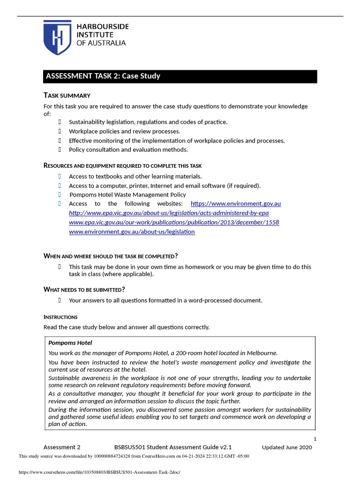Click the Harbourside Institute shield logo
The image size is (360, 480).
click(x=58, y=37)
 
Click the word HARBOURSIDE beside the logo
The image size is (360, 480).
click(x=103, y=27)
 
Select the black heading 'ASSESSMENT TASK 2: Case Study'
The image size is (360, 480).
click(x=103, y=76)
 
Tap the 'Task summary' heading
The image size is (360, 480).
click(x=67, y=95)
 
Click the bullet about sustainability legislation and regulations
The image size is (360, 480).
click(x=148, y=122)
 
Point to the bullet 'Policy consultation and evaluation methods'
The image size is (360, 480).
click(x=128, y=150)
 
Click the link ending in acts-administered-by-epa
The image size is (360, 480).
click(x=169, y=213)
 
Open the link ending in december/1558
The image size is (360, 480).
click(x=174, y=222)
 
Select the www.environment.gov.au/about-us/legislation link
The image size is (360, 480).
click(x=132, y=232)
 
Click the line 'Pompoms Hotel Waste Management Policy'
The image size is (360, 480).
click(x=127, y=195)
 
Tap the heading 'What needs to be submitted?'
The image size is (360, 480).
click(x=84, y=289)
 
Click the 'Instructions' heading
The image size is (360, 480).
click(x=60, y=317)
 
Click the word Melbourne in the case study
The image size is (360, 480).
click(x=261, y=352)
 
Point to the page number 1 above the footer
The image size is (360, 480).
click(x=315, y=439)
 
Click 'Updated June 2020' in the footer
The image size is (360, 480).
click(x=286, y=447)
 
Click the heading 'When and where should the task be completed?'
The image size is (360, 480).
click(x=111, y=255)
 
